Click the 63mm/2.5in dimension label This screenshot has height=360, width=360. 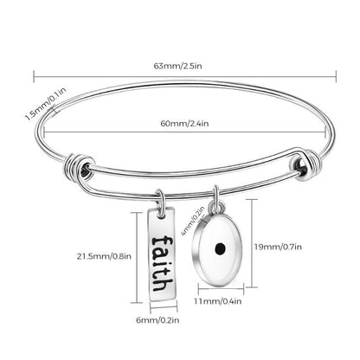coord(180,64)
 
